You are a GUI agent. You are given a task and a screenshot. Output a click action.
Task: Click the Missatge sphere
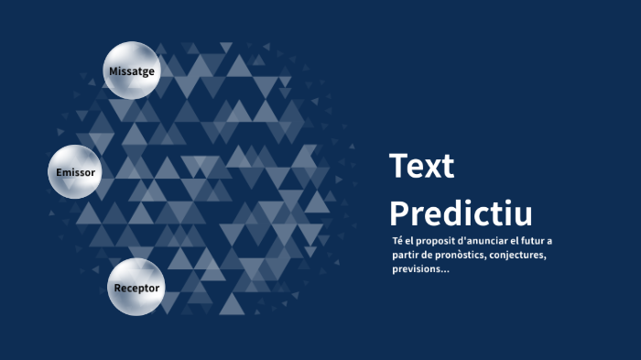pos(132,71)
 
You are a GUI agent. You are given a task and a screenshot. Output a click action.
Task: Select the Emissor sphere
pos(75,172)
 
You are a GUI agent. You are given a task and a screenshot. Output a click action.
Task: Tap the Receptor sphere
pos(136,288)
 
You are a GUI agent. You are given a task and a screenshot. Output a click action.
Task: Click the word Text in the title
pos(421,167)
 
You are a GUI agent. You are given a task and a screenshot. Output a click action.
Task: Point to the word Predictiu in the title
pos(461,213)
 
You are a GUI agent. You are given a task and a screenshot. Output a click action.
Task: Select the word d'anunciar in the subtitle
pos(485,241)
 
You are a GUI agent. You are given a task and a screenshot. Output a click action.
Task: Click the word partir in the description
pos(407,255)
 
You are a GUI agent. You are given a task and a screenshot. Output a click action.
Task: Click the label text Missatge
pos(132,71)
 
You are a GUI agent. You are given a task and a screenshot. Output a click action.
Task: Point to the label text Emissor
pos(75,172)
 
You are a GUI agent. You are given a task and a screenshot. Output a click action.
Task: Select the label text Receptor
pos(136,288)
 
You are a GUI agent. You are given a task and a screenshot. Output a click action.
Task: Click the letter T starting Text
pos(398,167)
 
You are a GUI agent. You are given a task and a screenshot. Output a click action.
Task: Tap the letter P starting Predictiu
pos(398,213)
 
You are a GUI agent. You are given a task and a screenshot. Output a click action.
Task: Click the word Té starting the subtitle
pos(397,241)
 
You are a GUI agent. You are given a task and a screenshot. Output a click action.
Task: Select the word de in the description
pos(434,255)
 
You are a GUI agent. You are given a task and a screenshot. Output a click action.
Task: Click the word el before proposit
pos(411,241)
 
